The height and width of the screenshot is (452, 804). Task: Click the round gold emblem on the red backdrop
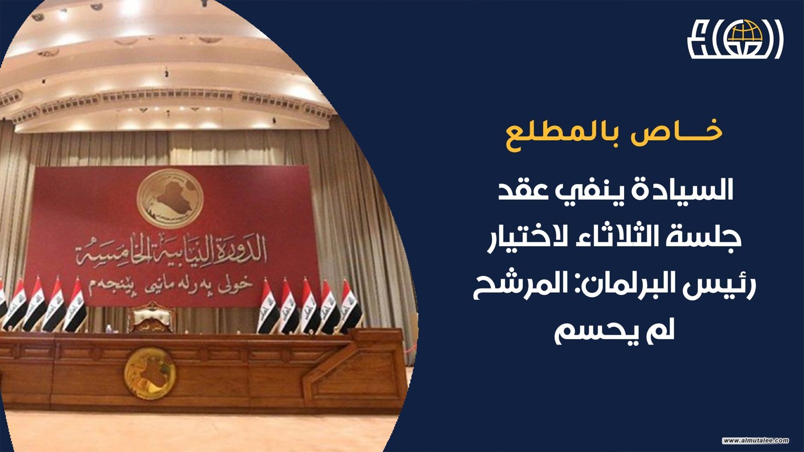pos(170,198)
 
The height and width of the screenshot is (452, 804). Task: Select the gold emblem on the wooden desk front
pos(150,374)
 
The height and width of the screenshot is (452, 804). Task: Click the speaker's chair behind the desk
pos(151,317)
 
